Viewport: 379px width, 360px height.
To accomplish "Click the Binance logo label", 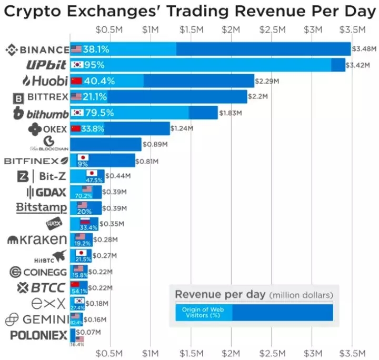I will (37, 50).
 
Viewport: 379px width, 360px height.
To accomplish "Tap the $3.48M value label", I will (364, 49).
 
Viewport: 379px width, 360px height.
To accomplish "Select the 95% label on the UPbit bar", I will (94, 65).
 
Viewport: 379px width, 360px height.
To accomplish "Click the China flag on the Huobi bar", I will (76, 81).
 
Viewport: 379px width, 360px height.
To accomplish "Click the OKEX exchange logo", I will (48, 128).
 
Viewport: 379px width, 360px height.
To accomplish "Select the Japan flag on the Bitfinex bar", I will (83, 157).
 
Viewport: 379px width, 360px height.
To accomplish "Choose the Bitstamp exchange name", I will (42, 207).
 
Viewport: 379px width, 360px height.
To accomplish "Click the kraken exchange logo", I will (37, 240).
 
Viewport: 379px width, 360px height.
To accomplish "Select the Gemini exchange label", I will (37, 319).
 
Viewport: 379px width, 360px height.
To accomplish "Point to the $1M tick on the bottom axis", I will (151, 352).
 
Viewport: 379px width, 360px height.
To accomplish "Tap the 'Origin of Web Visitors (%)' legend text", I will (203, 313).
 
